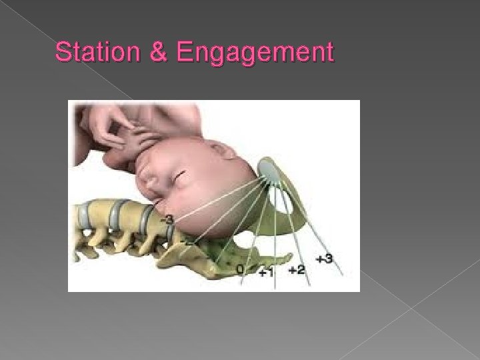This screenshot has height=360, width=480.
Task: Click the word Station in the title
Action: click(x=100, y=52)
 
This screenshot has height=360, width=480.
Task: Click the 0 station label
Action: click(x=239, y=269)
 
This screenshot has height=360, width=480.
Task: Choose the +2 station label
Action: click(x=297, y=270)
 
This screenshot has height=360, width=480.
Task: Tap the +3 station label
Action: click(x=325, y=258)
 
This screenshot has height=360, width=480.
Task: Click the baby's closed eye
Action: click(x=179, y=177)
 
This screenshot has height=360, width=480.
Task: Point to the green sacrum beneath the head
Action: click(x=220, y=253)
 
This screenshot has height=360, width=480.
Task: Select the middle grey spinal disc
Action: click(x=117, y=207)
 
